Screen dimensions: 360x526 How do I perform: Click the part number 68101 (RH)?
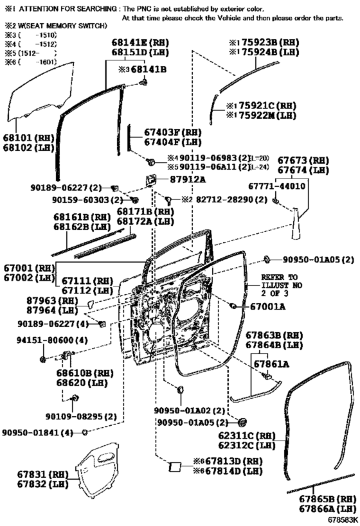[x=29, y=138]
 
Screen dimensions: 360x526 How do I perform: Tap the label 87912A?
[x=187, y=179]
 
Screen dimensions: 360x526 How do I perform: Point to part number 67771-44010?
[x=277, y=186]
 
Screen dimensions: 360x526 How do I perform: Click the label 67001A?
[x=267, y=306]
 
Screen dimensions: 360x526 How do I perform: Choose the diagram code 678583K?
[x=343, y=520]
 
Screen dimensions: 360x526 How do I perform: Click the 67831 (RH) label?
[x=42, y=475]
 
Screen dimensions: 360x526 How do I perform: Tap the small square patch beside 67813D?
[x=175, y=467]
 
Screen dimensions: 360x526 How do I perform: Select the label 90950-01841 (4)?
[x=38, y=433]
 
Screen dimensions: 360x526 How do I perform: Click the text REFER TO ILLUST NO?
[x=282, y=281]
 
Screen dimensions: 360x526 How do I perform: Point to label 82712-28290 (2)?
[x=231, y=200]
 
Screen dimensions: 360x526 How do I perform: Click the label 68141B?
[x=148, y=69]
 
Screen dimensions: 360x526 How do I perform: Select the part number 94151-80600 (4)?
[x=52, y=340]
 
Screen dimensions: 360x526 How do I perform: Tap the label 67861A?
[x=271, y=364]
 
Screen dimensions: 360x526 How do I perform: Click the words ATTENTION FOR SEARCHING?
[x=67, y=9]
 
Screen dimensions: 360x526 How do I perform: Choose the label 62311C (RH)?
[x=247, y=435]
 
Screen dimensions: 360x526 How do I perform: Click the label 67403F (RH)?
[x=173, y=132]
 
